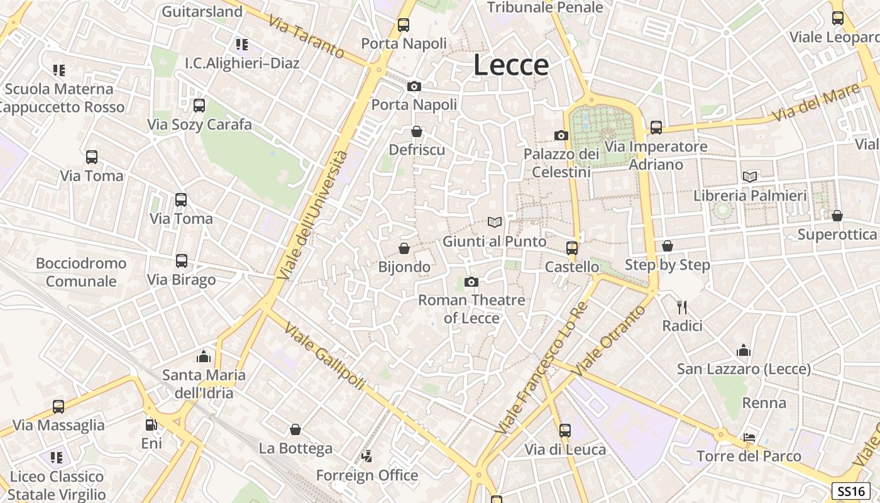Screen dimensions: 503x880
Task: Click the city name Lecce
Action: click(511, 65)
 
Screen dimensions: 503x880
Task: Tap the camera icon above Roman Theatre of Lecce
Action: click(471, 282)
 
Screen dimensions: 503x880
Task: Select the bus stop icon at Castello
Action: click(571, 248)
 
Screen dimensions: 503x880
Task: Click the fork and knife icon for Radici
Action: click(682, 307)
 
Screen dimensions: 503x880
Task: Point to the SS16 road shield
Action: click(851, 491)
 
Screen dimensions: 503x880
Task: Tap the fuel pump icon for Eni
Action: click(151, 425)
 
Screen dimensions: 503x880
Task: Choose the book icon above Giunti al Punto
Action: click(495, 222)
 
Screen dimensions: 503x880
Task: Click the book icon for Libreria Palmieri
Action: click(749, 177)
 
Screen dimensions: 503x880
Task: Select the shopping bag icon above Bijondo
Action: click(404, 248)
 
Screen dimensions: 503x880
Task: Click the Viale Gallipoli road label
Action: click(324, 355)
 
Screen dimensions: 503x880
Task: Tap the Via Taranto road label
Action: click(306, 36)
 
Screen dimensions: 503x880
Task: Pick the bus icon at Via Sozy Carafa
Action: click(199, 106)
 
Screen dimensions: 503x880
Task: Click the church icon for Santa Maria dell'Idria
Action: click(204, 357)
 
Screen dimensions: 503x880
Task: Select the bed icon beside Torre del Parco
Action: click(749, 437)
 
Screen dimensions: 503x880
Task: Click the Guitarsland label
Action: click(202, 11)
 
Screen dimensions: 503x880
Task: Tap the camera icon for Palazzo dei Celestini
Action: click(561, 135)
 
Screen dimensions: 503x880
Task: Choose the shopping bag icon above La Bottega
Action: click(295, 429)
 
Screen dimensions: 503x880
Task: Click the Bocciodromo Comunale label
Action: click(81, 272)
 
